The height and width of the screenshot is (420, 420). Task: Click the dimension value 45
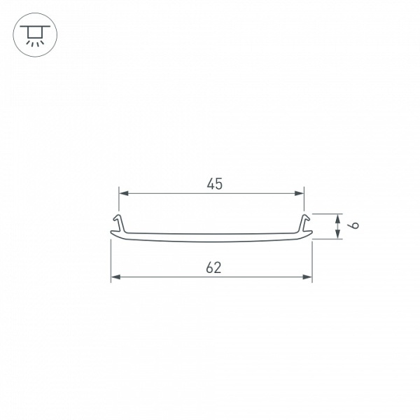[215, 184]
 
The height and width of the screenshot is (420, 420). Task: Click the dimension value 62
[214, 267]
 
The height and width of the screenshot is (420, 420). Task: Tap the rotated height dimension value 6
[355, 226]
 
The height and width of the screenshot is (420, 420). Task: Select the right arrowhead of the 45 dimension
[300, 192]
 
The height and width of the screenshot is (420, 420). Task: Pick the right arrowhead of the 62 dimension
[308, 277]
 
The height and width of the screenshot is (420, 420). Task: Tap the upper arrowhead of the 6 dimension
[339, 218]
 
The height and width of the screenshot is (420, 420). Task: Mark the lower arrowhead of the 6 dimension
[339, 235]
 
